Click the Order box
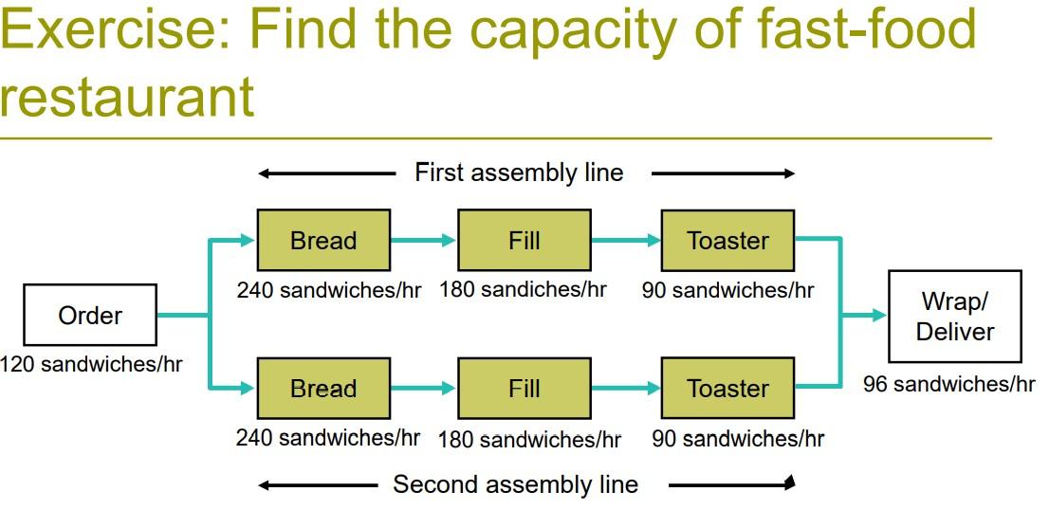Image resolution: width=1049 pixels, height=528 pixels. tap(90, 316)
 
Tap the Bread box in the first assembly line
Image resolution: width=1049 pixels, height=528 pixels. tap(323, 241)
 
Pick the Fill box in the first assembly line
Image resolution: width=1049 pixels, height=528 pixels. tap(524, 241)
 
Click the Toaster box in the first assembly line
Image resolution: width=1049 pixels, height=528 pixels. tap(727, 241)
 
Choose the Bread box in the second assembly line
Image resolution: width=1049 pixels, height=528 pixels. tap(323, 389)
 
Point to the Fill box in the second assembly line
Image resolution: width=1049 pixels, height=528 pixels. tap(524, 389)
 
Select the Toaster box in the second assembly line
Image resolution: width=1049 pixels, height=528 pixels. tap(727, 389)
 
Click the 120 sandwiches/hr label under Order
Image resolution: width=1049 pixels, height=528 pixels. tap(91, 364)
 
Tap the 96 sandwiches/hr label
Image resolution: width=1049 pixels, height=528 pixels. tap(948, 384)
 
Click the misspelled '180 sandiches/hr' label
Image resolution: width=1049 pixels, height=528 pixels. tap(523, 289)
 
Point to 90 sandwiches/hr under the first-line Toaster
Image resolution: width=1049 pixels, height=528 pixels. tap(727, 289)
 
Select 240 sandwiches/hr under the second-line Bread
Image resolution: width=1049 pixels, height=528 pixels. tap(327, 437)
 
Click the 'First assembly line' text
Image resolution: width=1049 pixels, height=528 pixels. tap(519, 173)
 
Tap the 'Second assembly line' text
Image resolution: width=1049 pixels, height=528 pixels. tap(515, 484)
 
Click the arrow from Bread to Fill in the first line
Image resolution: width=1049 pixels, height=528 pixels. tap(423, 241)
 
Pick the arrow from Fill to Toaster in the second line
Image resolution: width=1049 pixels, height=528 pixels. tap(626, 389)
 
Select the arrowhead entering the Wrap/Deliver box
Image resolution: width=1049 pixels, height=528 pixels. tap(878, 315)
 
